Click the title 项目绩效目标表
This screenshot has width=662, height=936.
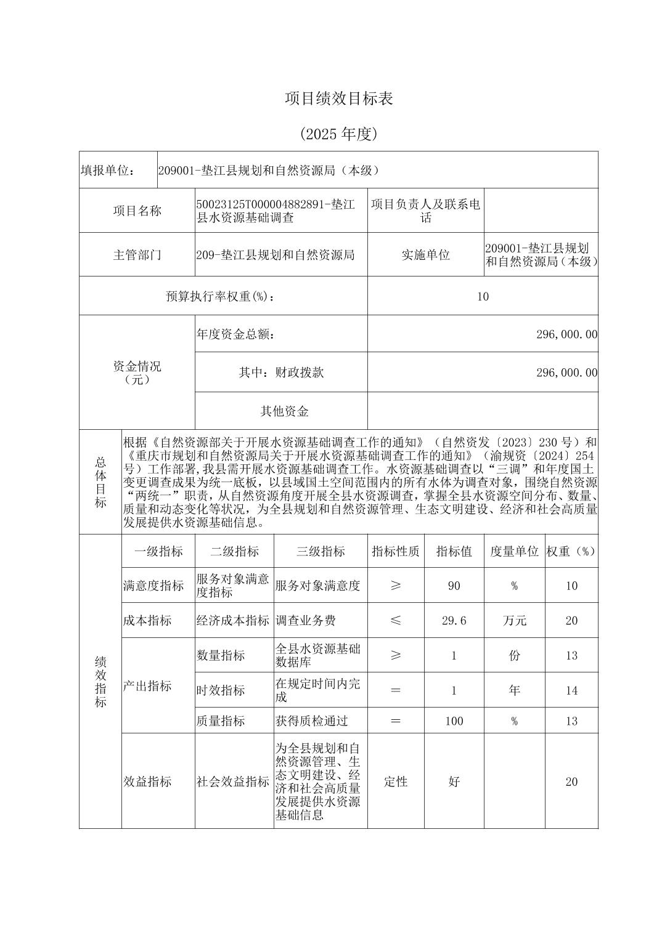pyautogui.click(x=339, y=99)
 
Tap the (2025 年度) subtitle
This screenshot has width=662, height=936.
pyautogui.click(x=339, y=134)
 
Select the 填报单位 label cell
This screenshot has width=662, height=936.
pyautogui.click(x=108, y=171)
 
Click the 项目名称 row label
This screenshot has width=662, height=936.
pyautogui.click(x=137, y=211)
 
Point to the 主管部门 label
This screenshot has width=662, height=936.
pyautogui.click(x=137, y=254)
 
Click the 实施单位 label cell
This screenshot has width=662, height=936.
pyautogui.click(x=425, y=254)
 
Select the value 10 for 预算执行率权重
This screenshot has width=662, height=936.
pyautogui.click(x=483, y=296)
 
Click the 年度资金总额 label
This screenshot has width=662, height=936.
pyautogui.click(x=235, y=334)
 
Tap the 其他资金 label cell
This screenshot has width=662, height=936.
pyautogui.click(x=284, y=411)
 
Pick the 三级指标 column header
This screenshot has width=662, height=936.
pyautogui.click(x=321, y=551)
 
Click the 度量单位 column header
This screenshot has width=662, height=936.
pyautogui.click(x=514, y=551)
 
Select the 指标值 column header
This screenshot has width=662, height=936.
pyautogui.click(x=454, y=551)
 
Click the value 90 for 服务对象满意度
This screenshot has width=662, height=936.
pyautogui.click(x=454, y=586)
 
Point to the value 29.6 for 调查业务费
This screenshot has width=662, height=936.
pyautogui.click(x=454, y=620)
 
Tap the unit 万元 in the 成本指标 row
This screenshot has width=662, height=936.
pyautogui.click(x=514, y=620)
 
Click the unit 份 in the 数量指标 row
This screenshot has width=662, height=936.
pyautogui.click(x=514, y=655)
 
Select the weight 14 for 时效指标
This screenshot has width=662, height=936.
pyautogui.click(x=571, y=690)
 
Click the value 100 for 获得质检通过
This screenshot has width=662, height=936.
pyautogui.click(x=454, y=720)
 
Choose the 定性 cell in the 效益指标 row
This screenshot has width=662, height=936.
pyautogui.click(x=395, y=781)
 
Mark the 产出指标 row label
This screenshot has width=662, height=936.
pyautogui.click(x=147, y=686)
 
